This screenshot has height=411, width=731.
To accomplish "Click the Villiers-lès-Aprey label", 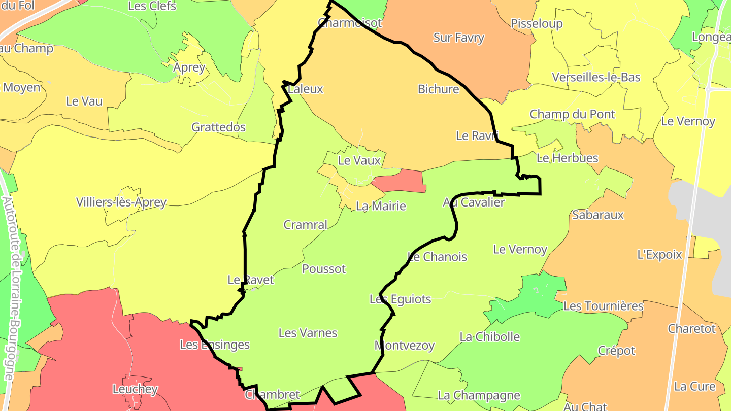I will tap(121, 202).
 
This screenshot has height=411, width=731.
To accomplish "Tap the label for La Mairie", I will tap(381, 206).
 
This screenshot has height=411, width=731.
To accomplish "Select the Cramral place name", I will tap(306, 225).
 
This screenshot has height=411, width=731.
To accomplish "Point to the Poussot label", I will tap(324, 269).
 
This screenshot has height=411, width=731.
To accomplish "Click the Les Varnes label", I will tap(308, 333).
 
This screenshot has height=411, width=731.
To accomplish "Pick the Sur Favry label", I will tap(459, 38).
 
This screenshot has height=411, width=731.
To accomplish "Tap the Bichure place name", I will tap(439, 89).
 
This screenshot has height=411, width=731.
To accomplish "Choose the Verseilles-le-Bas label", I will tap(596, 77).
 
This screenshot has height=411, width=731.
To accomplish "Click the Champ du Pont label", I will tap(573, 114).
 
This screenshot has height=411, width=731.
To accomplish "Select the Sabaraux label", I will tap(598, 215).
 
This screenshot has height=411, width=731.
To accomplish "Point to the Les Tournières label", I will tap(604, 306).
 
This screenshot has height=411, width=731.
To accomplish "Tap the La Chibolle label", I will tap(490, 337).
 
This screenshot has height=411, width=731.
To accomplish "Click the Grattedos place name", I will tap(219, 127).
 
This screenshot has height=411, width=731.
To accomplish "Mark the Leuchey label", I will tap(135, 389).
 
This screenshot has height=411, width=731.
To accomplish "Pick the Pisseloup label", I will tap(537, 24).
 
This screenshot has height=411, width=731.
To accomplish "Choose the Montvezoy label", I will tap(405, 346).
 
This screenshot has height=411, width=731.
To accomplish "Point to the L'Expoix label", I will tap(660, 255).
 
